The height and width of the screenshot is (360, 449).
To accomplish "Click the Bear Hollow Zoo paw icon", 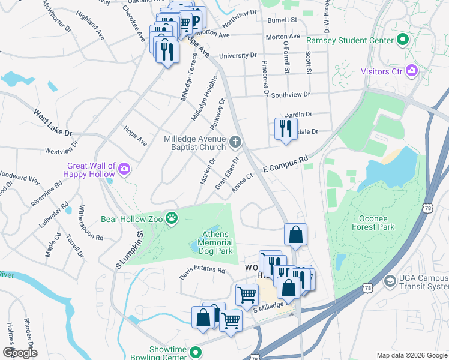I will (x=172, y=218).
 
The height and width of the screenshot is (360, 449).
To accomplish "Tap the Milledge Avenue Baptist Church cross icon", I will (x=235, y=143).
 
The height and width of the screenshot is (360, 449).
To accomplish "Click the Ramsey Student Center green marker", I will (x=402, y=41).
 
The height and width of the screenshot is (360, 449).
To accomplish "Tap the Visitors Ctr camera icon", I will (x=411, y=71).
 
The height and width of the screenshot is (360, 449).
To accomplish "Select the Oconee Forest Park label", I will (x=373, y=223).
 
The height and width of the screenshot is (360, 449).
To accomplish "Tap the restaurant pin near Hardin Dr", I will (x=285, y=128).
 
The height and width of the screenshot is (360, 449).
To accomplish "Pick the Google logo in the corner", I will (x=20, y=353).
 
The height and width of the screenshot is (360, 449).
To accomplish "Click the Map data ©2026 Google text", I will (x=411, y=355).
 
